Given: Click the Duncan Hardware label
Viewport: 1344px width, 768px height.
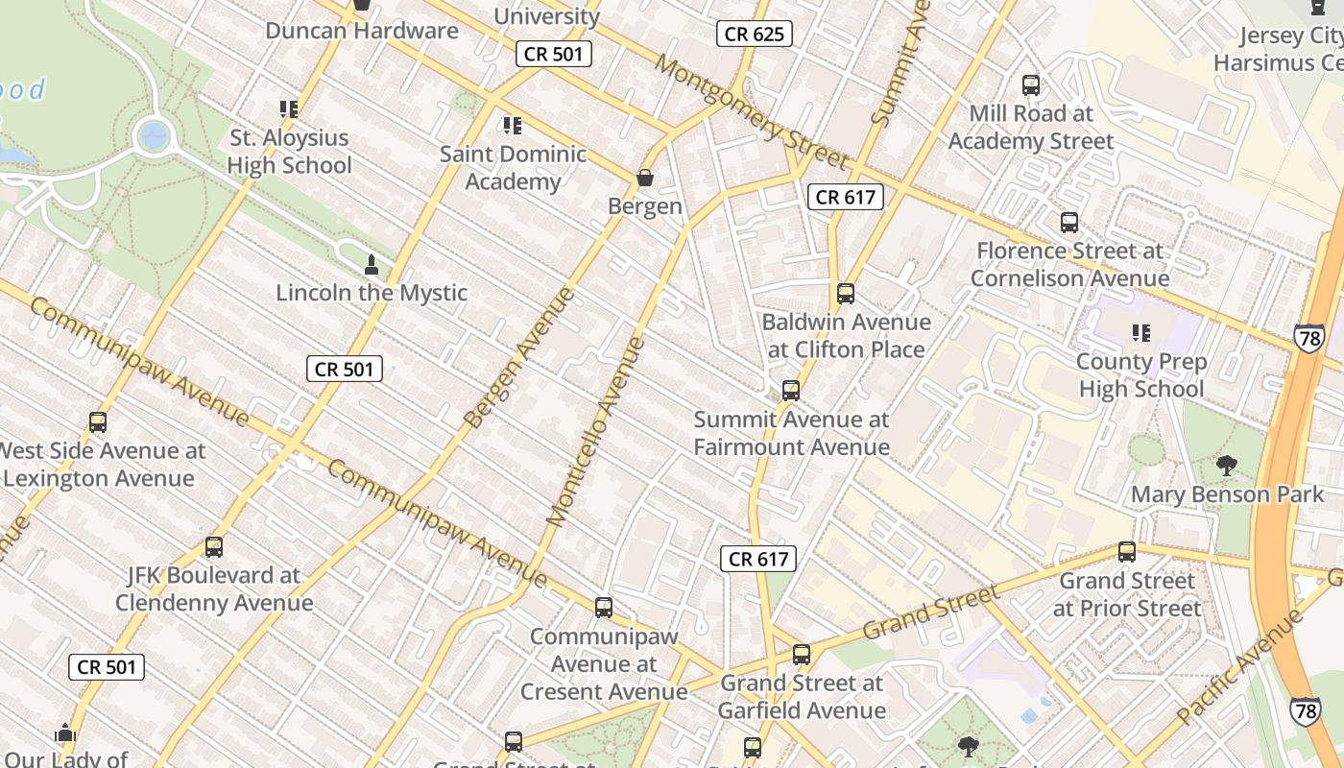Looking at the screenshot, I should click(362, 31).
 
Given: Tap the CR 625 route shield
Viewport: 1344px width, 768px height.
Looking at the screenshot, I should click(755, 35).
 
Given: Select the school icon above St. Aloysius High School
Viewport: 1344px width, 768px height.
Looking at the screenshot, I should click(289, 109).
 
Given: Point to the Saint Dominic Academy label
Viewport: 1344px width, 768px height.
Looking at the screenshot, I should click(513, 168).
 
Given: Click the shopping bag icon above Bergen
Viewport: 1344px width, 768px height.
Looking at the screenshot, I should click(645, 179).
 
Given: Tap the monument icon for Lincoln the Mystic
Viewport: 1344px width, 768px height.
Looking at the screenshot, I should click(372, 265).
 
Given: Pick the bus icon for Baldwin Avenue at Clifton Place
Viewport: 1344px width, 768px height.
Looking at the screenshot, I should click(846, 294).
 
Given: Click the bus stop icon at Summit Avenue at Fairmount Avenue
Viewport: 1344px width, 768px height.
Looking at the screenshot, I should click(791, 391).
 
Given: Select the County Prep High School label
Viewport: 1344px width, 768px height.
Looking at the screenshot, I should click(1140, 375).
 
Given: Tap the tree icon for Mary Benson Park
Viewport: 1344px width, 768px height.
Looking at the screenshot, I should click(1226, 467).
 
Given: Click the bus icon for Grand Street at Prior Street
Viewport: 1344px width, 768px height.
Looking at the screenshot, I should click(1127, 552).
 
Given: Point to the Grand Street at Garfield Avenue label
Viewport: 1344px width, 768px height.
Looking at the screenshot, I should click(802, 697).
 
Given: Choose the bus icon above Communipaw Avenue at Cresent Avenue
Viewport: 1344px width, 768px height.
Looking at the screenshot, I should click(604, 608).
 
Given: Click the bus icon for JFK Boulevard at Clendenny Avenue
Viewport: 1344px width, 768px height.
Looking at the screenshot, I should click(214, 547).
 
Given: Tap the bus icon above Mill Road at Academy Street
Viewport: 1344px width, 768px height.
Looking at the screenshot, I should click(1031, 85).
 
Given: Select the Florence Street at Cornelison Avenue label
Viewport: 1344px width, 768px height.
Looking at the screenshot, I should click(1069, 265).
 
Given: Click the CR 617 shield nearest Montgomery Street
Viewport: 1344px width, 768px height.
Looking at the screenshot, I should click(845, 198).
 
